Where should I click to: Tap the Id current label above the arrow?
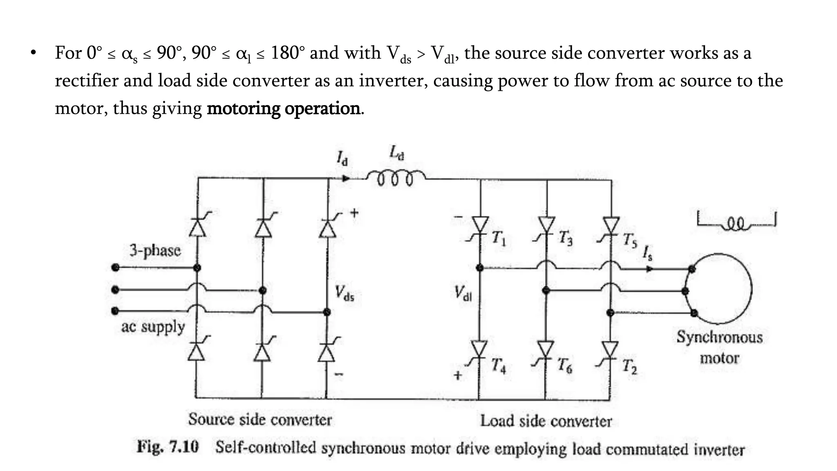coord(342,158)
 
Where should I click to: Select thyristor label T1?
coord(498,238)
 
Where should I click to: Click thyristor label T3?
coord(565,238)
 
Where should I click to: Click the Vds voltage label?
coord(344,293)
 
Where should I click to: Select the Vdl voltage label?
coord(463,293)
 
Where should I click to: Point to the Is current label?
coord(647,253)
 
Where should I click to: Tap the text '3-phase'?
coord(155,250)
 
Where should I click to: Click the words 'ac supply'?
coord(153,327)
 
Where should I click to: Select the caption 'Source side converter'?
coord(260,419)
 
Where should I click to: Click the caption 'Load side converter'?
coord(546,421)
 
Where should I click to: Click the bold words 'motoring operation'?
coord(284,108)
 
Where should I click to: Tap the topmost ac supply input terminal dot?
coord(116,268)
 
